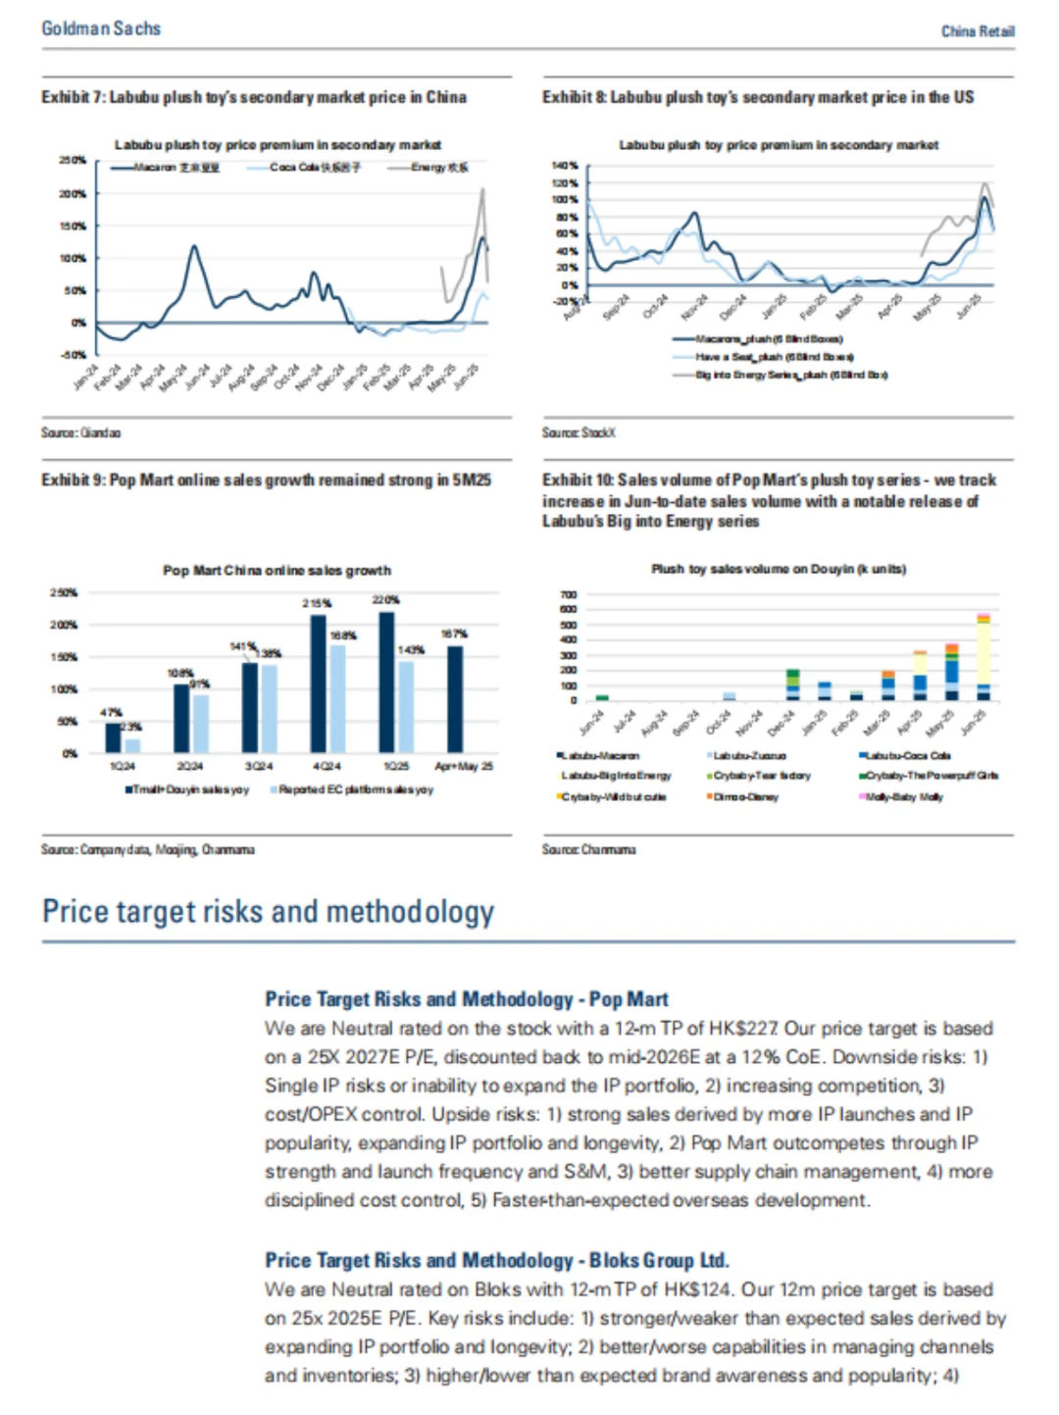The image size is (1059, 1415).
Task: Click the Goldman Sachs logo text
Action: point(101,28)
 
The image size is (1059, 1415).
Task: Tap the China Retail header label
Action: point(977,31)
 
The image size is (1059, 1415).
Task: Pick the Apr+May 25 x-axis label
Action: point(464,766)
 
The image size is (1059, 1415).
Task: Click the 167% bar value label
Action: point(454,633)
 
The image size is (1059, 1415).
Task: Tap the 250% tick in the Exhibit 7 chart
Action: point(73,160)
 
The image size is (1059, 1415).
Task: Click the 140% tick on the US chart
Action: point(565,167)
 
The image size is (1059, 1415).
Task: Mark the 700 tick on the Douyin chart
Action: point(569,595)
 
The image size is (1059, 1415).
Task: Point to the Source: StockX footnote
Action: point(579,432)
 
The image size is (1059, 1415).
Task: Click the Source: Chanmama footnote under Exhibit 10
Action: point(588,849)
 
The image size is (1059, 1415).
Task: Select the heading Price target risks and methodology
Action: point(268,911)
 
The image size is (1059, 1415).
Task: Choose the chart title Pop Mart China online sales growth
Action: point(277,570)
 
